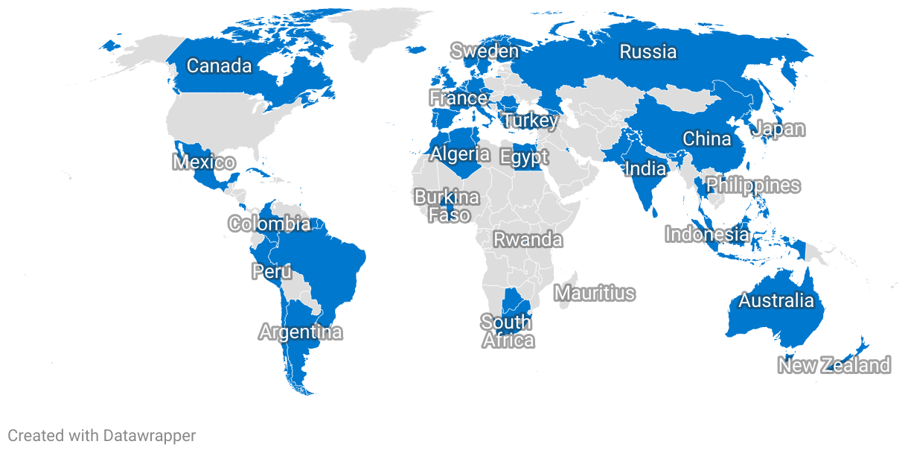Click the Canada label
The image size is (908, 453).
[x=219, y=66]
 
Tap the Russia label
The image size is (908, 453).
[x=648, y=51]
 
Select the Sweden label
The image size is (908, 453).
[x=485, y=51]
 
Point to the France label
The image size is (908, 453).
[x=458, y=98]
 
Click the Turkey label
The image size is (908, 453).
[x=530, y=120]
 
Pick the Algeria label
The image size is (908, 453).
[x=460, y=154]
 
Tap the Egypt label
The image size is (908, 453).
[x=524, y=157]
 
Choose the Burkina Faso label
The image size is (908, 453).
[x=447, y=206]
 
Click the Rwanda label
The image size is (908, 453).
[x=528, y=240]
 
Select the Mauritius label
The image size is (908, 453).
[x=595, y=293]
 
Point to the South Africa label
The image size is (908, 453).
[x=507, y=331]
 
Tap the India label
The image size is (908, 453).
[x=645, y=168]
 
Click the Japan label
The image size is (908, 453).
[x=778, y=128]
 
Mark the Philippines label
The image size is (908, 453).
[x=752, y=185]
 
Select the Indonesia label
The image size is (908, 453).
[x=706, y=234]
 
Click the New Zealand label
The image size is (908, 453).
[x=834, y=365]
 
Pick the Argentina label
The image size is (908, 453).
[x=301, y=332]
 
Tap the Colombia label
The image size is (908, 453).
[x=269, y=224]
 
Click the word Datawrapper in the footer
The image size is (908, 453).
[x=150, y=436]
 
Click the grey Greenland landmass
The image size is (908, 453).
[x=387, y=30]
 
